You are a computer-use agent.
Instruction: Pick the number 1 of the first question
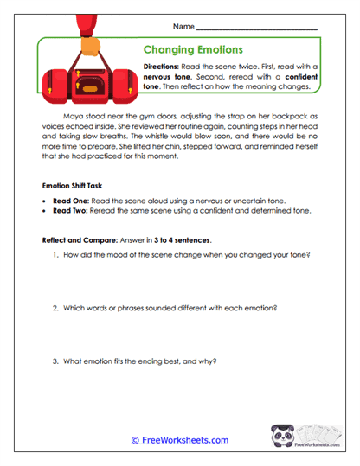[x=55, y=254]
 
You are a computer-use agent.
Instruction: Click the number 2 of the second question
[x=55, y=309]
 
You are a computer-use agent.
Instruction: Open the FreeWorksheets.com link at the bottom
[x=180, y=439]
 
